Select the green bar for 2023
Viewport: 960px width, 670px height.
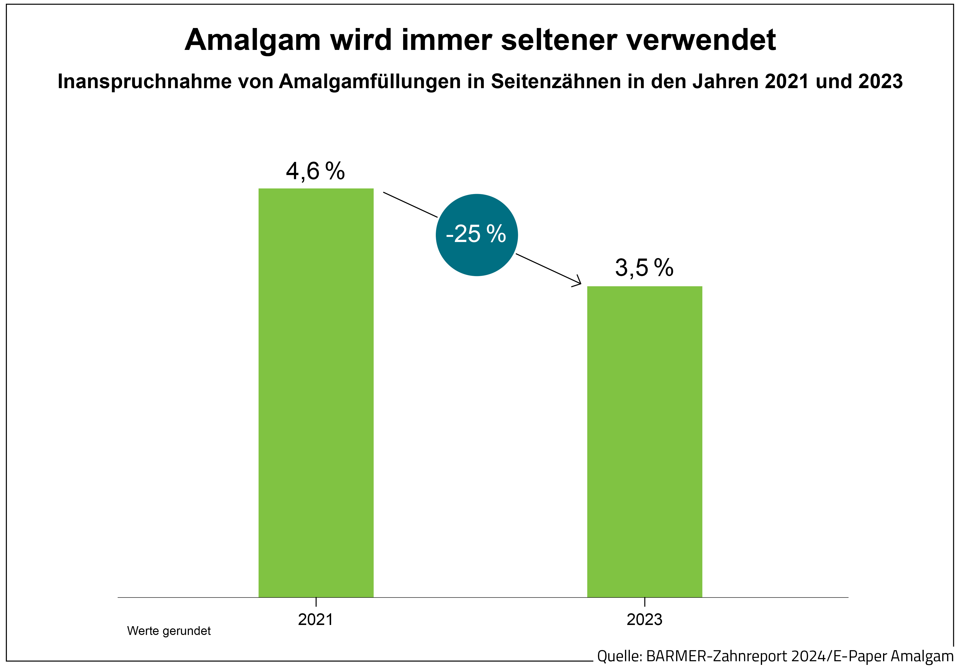[644, 441]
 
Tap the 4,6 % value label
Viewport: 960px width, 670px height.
[315, 171]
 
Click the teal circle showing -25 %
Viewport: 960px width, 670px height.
[477, 235]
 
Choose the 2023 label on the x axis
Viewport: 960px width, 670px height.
[644, 619]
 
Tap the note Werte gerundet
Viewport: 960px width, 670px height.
[169, 631]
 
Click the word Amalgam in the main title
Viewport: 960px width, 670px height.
[252, 41]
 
